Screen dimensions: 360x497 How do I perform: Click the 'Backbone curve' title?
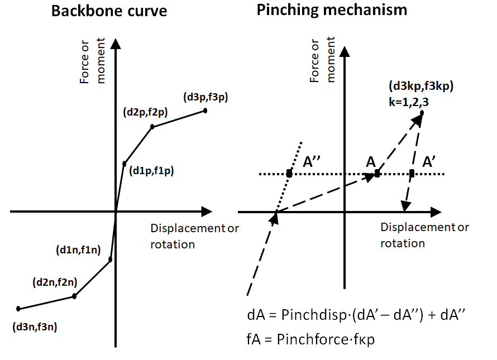point(109,11)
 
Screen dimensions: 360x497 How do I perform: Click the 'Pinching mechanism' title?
point(332,10)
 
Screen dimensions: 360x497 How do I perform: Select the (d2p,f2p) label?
point(145,112)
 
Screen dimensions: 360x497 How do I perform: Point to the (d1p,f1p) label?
point(151,171)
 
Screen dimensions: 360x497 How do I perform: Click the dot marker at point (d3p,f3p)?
point(205,111)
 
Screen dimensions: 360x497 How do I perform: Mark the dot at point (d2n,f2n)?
point(74,296)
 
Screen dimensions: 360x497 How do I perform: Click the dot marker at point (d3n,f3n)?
point(18,309)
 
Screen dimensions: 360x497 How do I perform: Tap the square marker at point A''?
point(289,174)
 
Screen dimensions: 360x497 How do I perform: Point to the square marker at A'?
point(412,174)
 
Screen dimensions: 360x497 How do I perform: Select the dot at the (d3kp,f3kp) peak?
point(422,113)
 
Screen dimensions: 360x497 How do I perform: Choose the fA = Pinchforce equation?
point(310,339)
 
